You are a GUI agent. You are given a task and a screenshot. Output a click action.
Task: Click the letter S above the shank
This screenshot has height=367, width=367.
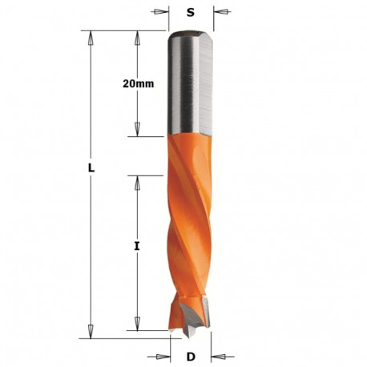point(191,12)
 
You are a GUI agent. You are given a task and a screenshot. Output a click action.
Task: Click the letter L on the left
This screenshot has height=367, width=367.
point(92,168)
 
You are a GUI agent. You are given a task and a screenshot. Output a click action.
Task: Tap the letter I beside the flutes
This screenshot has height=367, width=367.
point(137,248)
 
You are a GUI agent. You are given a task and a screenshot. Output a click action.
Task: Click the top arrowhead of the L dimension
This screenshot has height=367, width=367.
point(91,37)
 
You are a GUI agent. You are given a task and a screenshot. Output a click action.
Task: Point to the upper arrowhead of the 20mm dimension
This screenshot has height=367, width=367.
point(137,37)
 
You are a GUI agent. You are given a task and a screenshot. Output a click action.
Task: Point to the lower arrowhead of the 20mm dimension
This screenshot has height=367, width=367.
point(137,129)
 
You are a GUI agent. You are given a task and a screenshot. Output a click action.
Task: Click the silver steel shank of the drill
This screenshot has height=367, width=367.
point(191,88)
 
